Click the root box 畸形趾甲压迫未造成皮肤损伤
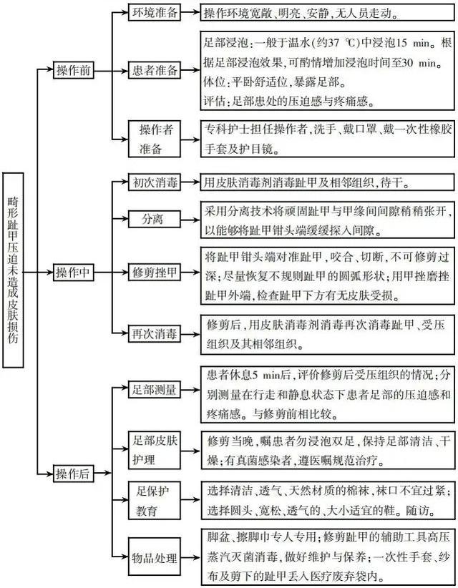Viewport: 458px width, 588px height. [13, 270]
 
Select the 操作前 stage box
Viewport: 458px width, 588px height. [73, 70]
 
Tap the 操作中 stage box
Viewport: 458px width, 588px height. [73, 273]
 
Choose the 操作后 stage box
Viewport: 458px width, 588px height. [73, 474]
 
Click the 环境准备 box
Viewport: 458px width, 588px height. [154, 12]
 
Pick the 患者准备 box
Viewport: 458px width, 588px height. [154, 70]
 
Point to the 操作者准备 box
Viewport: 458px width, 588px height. [154, 139]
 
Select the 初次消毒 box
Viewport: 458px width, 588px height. [154, 182]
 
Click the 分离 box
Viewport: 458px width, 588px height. [154, 219]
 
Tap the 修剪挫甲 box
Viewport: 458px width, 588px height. [154, 273]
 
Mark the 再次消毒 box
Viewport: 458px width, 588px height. [154, 333]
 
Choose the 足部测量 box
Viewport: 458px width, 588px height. [154, 389]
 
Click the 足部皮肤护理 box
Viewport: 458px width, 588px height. [154, 450]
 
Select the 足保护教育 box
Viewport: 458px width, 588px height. [154, 500]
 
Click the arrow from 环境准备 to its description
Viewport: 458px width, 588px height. [190, 12]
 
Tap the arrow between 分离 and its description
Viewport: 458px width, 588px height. [190, 220]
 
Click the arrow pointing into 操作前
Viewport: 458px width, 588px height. [45, 70]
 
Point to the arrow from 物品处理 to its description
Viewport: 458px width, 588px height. [190, 557]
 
